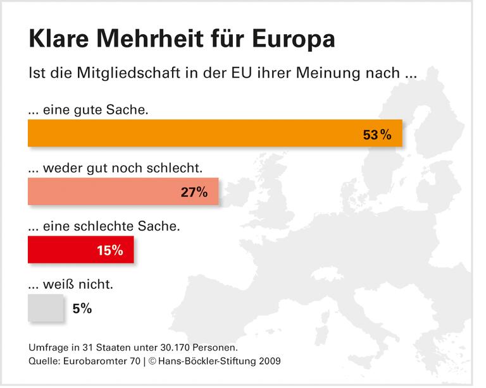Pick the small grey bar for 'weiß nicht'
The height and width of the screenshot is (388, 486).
click(x=46, y=308)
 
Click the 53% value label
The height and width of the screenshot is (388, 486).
click(x=377, y=134)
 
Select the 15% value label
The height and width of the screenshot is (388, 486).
click(x=109, y=250)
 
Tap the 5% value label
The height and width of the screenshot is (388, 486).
click(x=82, y=308)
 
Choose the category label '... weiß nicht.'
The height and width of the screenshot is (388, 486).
click(x=71, y=284)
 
